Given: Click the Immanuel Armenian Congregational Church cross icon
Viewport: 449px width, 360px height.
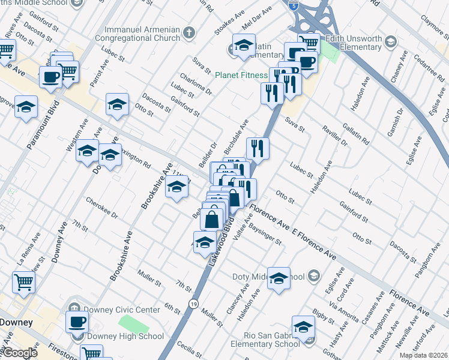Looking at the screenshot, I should (x=189, y=33).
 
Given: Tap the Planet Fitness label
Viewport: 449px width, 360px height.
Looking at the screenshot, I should (x=241, y=75).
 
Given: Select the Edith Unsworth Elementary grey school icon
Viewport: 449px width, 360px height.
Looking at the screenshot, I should (x=391, y=41).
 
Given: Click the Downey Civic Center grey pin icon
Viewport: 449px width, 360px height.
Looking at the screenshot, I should (x=73, y=304).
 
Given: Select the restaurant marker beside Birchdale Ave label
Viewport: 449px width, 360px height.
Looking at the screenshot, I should (x=258, y=148).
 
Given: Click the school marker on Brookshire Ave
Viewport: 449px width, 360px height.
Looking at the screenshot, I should (x=176, y=189).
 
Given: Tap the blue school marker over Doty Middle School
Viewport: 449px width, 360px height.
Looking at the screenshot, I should (x=279, y=278).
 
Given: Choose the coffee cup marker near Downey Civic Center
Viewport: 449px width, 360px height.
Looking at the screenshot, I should (x=76, y=322).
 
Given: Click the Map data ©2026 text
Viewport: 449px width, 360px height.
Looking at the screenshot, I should (x=424, y=355).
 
